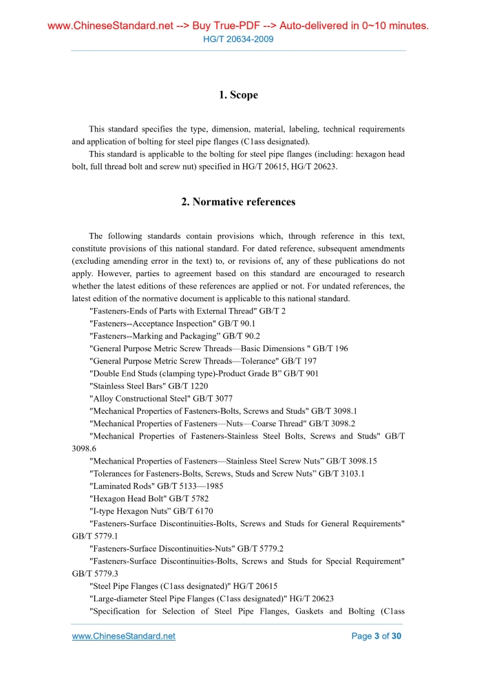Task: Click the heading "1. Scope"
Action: click(x=238, y=95)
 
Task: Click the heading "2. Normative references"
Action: click(x=238, y=202)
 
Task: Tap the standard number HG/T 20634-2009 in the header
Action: click(x=238, y=39)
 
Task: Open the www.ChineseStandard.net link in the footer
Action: click(x=124, y=636)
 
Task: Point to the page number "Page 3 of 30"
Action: click(x=377, y=636)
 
